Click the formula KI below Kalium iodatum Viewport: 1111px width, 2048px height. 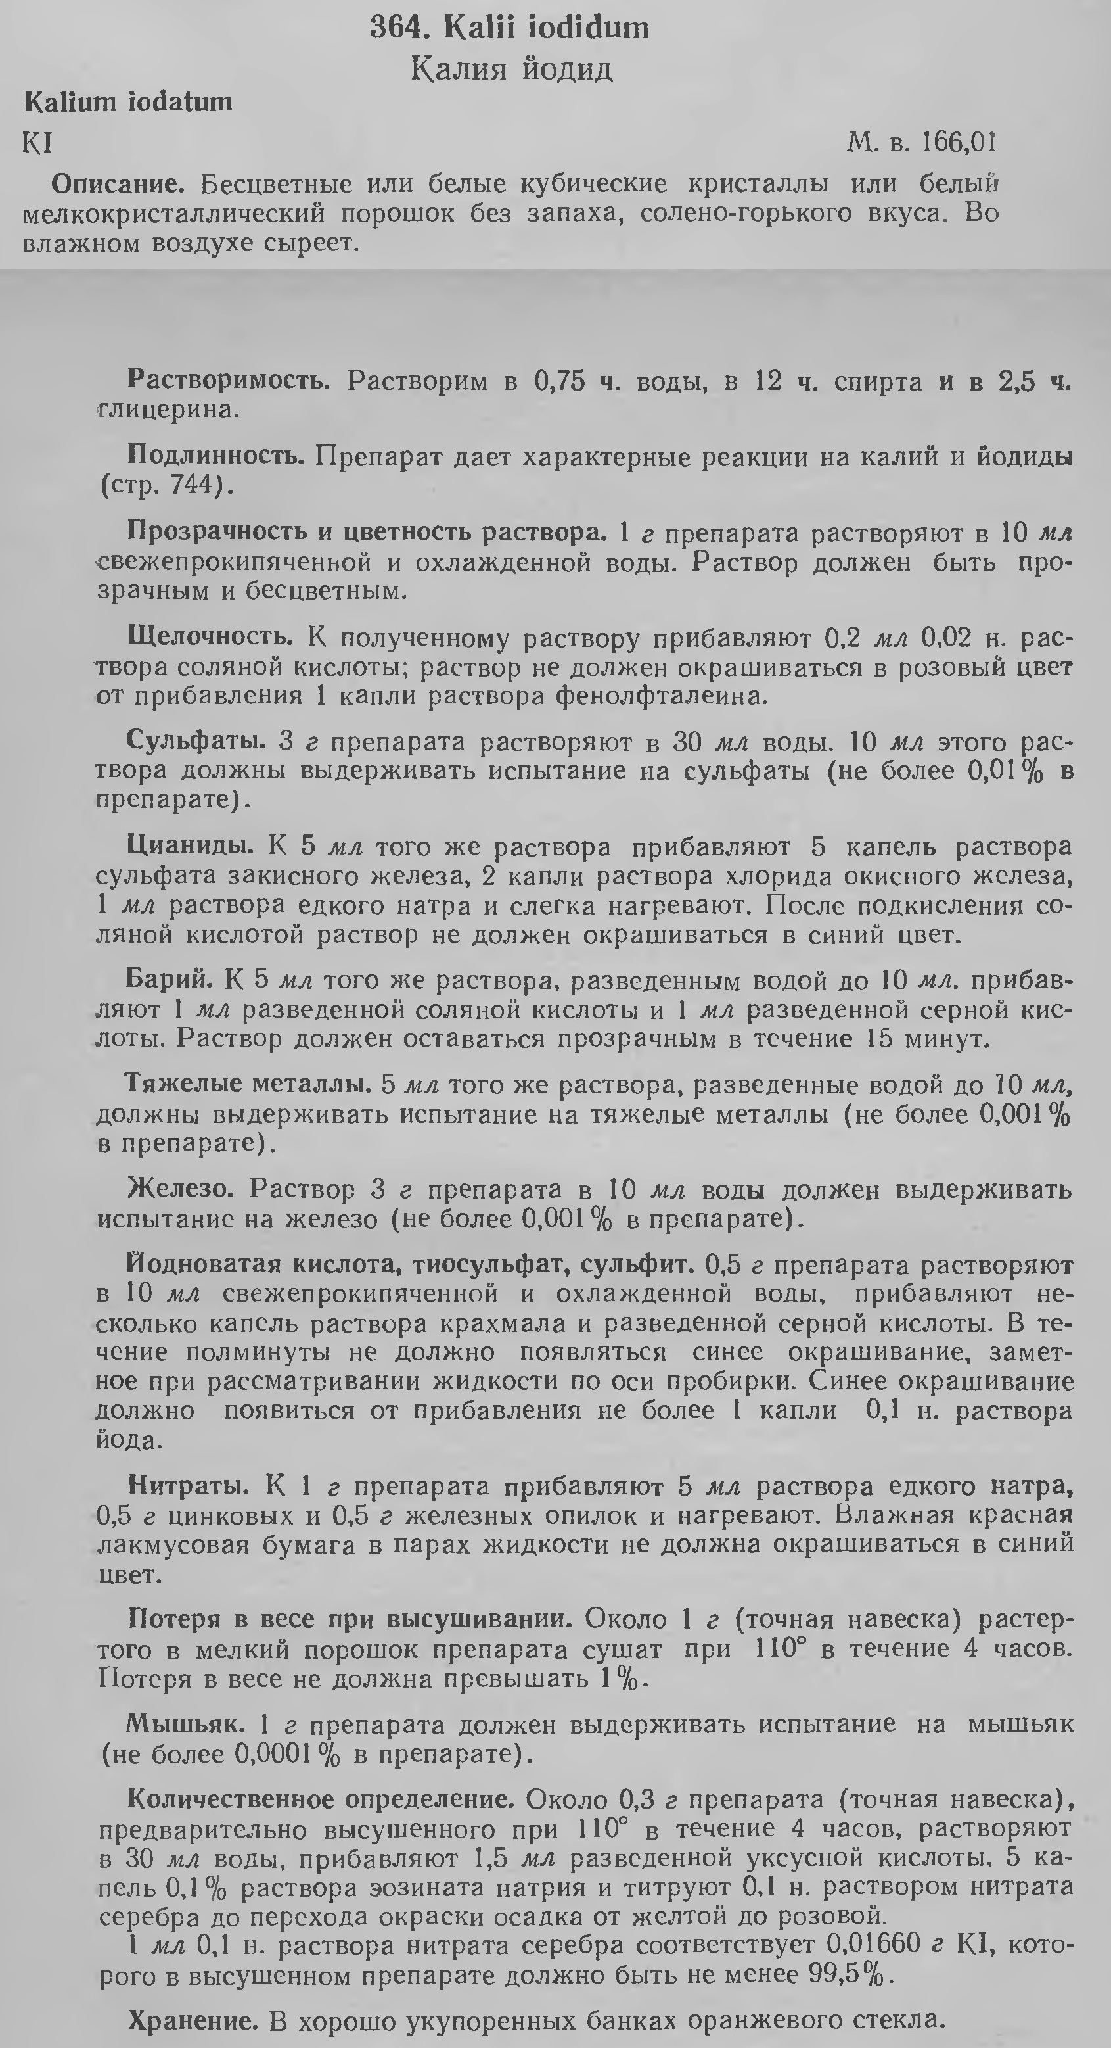point(38,143)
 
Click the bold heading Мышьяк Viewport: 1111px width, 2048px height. point(185,1725)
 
